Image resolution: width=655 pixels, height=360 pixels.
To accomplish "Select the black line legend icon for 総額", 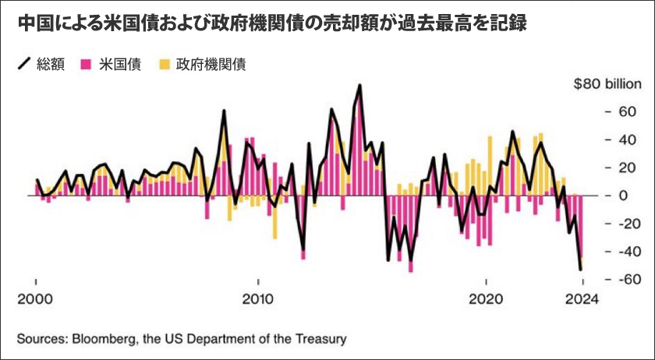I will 23,65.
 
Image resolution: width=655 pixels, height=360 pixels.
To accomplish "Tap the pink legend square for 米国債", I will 86,65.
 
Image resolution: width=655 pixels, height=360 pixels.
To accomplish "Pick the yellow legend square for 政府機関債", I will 165,65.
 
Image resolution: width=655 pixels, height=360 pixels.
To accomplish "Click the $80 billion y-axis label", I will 606,84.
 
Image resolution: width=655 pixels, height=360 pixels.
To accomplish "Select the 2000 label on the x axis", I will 35,298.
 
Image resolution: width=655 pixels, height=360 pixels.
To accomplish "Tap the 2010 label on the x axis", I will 258,298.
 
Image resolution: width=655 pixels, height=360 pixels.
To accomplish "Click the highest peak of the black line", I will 359,85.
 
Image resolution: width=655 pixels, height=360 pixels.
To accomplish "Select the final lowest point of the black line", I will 581,270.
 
